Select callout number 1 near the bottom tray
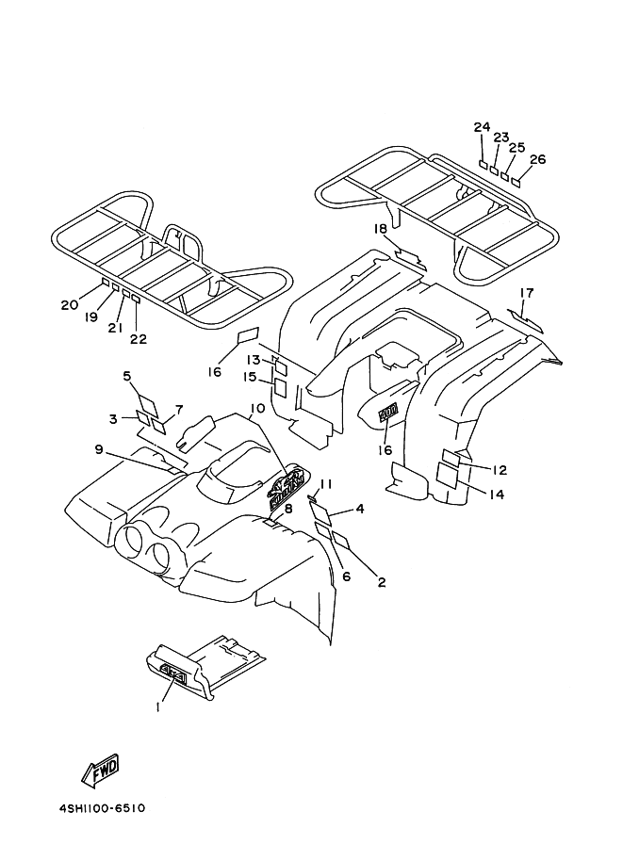pyautogui.click(x=158, y=704)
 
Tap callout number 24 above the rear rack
pyautogui.click(x=482, y=126)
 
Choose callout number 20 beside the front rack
pyautogui.click(x=69, y=304)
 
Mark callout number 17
pyautogui.click(x=526, y=292)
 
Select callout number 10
pyautogui.click(x=256, y=410)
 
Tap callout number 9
pyautogui.click(x=98, y=449)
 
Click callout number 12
pyautogui.click(x=500, y=470)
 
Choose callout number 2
pyautogui.click(x=381, y=582)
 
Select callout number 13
pyautogui.click(x=254, y=360)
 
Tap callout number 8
pyautogui.click(x=288, y=509)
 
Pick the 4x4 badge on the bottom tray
pyautogui.click(x=173, y=673)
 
